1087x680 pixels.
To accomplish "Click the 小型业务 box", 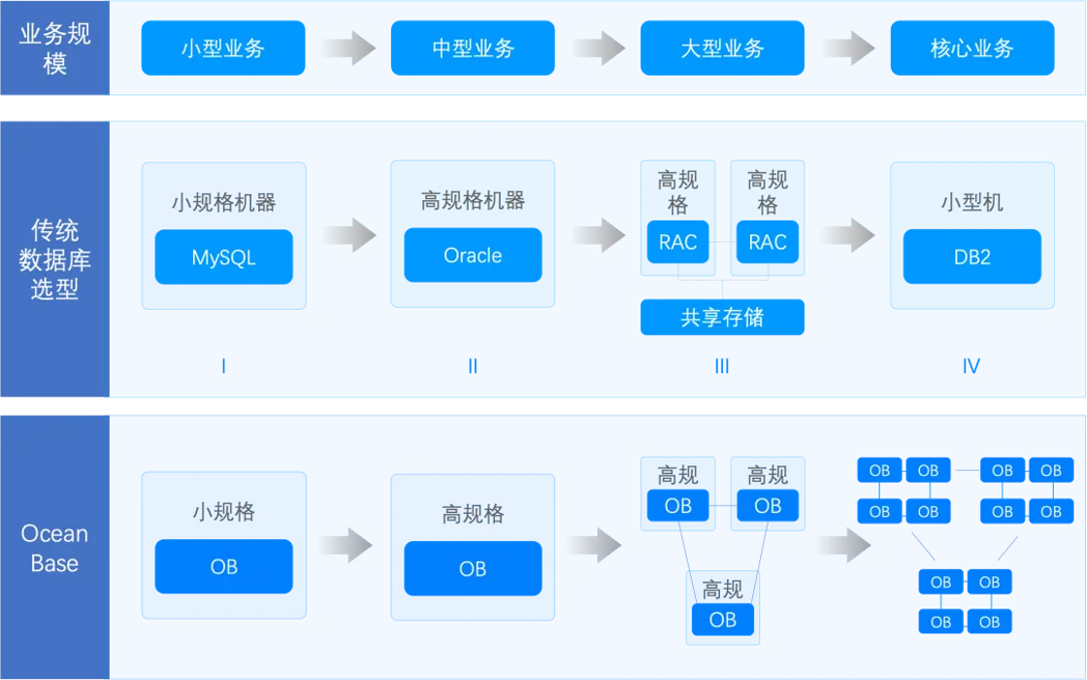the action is click(x=223, y=48).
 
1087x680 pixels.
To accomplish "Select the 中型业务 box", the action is click(x=473, y=48).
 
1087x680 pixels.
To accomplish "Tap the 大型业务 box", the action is click(x=722, y=48).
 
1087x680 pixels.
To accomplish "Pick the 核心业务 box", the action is click(x=972, y=48).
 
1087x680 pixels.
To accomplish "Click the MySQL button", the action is click(x=224, y=256).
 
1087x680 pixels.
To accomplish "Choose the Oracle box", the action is click(x=473, y=255).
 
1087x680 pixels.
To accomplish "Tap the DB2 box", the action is click(x=972, y=256).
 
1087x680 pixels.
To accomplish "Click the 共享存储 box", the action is click(x=722, y=317).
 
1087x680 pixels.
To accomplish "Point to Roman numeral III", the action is click(x=722, y=365).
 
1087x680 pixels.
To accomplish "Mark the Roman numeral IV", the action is click(x=972, y=365).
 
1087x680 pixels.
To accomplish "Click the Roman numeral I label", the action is click(x=223, y=365).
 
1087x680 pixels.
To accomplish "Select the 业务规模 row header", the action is click(x=54, y=48).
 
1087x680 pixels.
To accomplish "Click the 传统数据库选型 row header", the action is click(x=54, y=258).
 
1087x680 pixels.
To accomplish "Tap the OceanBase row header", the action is click(x=54, y=548).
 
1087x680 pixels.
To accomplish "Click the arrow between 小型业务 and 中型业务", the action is click(x=348, y=48).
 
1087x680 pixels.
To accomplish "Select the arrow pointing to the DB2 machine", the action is click(x=848, y=235).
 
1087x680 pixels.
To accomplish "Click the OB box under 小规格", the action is click(x=224, y=566).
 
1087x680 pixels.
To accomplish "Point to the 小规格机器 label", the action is click(x=224, y=202).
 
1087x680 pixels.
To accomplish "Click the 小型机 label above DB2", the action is click(x=972, y=202).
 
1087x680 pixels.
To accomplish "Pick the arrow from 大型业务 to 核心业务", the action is click(x=848, y=48).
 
